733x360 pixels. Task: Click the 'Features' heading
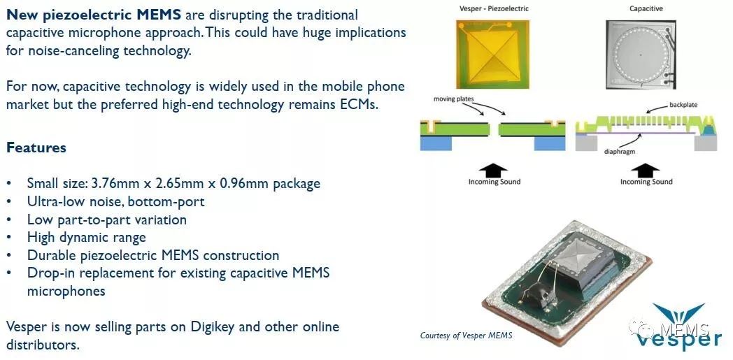coord(36,147)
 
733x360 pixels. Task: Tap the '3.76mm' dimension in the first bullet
coord(113,183)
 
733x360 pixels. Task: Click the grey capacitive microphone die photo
coord(641,54)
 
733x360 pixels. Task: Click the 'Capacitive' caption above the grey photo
coord(646,8)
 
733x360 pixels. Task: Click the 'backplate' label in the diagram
coord(683,105)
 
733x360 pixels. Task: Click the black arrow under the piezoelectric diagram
coord(493,171)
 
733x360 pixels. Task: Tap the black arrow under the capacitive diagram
coord(645,171)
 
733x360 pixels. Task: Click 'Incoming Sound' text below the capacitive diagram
coord(646,182)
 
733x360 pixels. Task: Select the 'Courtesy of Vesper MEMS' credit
coord(466,336)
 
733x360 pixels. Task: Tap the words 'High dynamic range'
coord(87,237)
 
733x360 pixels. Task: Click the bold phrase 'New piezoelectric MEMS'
coord(94,15)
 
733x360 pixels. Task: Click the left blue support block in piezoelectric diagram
coord(436,143)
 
